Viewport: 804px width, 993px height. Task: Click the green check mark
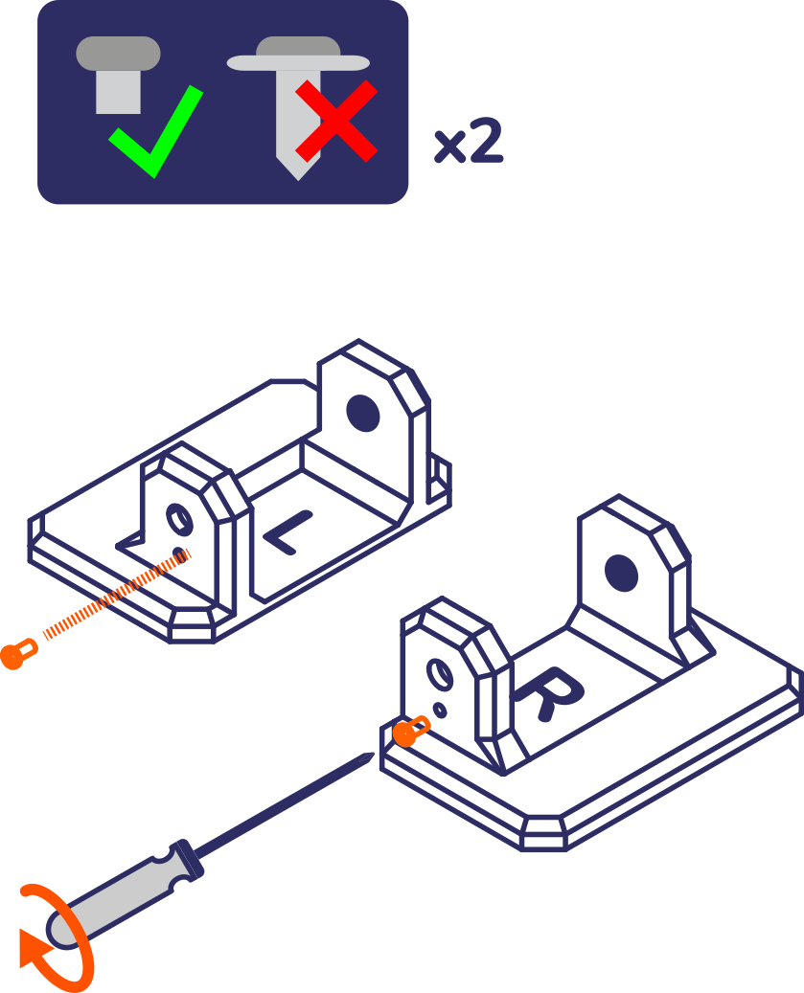[x=156, y=132]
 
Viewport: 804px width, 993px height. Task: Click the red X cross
[x=336, y=121]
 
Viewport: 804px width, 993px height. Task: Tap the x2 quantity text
[x=469, y=141]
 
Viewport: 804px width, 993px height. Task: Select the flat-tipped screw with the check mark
[x=118, y=75]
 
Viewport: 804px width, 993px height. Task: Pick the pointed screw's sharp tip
[x=299, y=180]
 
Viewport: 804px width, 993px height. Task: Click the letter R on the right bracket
[x=549, y=692]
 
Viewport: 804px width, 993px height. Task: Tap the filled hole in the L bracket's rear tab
[x=363, y=413]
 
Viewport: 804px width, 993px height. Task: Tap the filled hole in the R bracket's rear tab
[x=622, y=573]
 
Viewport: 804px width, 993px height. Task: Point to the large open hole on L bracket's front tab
[x=179, y=519]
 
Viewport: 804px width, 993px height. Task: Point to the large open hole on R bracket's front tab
[x=440, y=674]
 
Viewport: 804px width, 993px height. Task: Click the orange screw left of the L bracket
[x=19, y=654]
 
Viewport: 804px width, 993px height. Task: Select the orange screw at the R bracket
[x=411, y=732]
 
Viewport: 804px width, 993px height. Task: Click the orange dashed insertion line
[x=117, y=595]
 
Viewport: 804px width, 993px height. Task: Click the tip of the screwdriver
[x=373, y=754]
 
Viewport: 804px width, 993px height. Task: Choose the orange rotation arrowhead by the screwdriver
[x=34, y=948]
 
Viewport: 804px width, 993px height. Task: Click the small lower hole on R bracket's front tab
[x=439, y=711]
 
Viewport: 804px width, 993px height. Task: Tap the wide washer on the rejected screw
[x=298, y=62]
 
